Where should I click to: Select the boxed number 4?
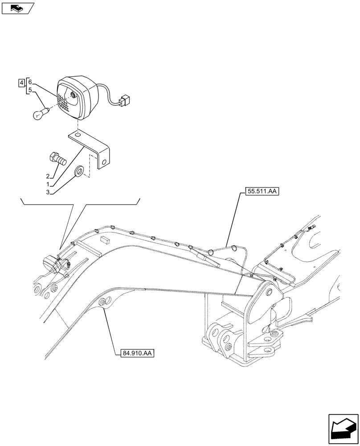pos(21,83)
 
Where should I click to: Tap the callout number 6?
pos(29,82)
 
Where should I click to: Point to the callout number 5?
pos(29,90)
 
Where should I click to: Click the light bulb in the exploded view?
pos(39,114)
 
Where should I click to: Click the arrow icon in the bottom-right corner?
pos(343,429)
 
